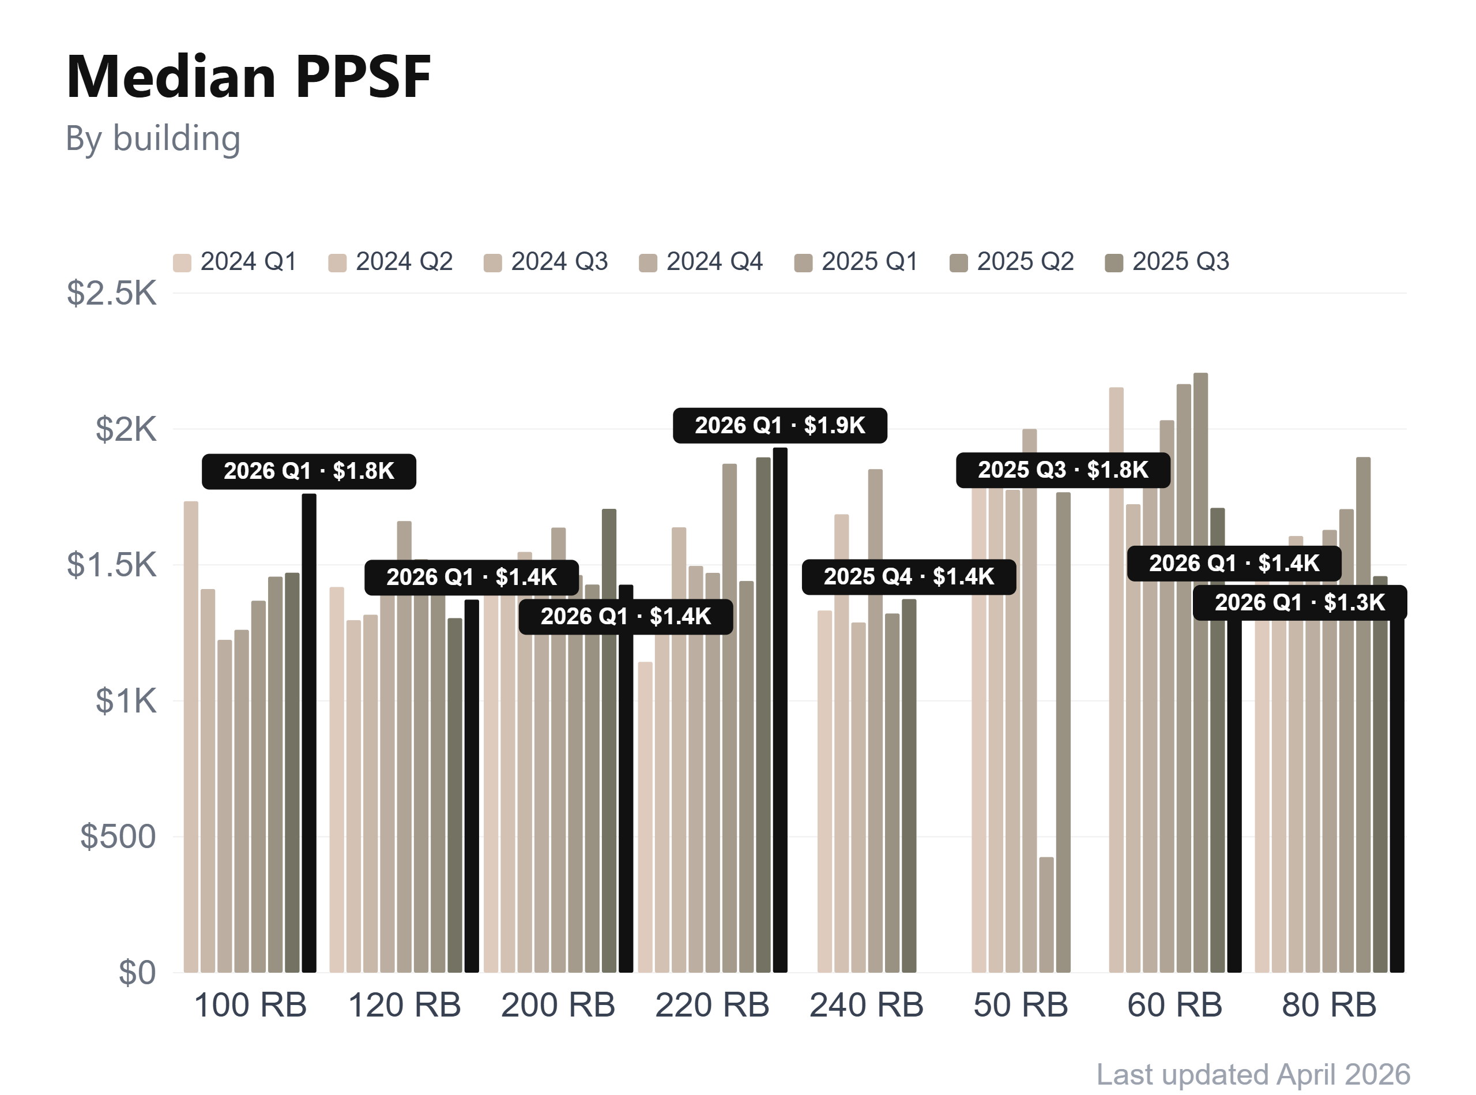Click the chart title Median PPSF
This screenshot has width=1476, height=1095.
tap(248, 77)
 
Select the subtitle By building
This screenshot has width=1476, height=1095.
tap(153, 138)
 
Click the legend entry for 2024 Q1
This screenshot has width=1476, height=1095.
tap(235, 262)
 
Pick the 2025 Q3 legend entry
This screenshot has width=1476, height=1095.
tap(1168, 262)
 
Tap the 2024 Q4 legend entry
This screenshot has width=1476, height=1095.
tap(702, 262)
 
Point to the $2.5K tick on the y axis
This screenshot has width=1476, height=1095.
tap(111, 293)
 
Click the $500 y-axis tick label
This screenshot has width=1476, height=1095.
tap(118, 837)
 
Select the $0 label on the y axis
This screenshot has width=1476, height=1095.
tap(137, 972)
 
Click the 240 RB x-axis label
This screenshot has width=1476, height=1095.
tap(866, 1006)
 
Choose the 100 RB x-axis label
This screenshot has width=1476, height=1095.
tap(250, 1006)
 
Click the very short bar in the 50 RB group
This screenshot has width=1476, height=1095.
tap(1046, 914)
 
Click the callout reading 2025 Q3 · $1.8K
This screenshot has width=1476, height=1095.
tap(1063, 470)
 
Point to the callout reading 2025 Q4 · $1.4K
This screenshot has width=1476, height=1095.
tap(908, 577)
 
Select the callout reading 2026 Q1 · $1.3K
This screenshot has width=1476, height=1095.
tap(1299, 602)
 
